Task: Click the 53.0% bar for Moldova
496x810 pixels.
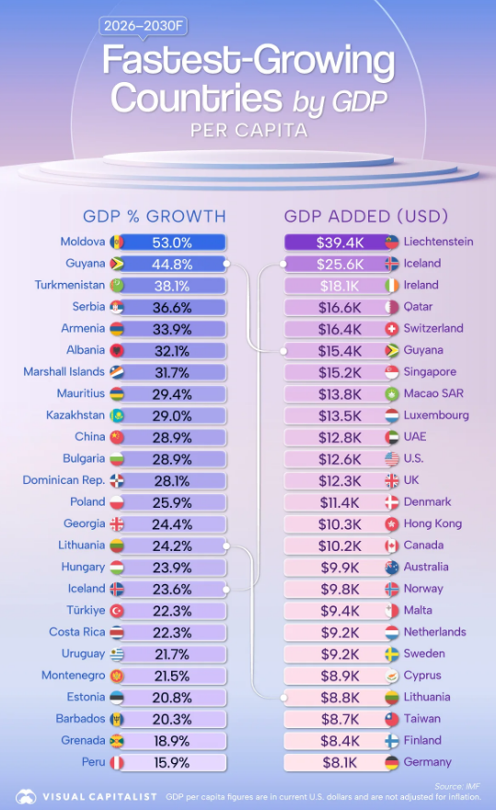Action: coord(173,242)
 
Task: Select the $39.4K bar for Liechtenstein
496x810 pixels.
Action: coord(337,242)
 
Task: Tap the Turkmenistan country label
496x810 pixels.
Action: coord(70,285)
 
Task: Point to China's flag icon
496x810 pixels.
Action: coord(117,438)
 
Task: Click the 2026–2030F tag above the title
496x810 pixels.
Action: coord(143,26)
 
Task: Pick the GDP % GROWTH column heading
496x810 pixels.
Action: coord(155,216)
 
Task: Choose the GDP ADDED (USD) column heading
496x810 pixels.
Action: coord(366,216)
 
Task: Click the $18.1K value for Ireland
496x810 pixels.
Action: coord(339,287)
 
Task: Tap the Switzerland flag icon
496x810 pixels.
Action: coord(392,329)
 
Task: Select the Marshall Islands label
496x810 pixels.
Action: coord(64,372)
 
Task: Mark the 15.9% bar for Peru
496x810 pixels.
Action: coord(173,763)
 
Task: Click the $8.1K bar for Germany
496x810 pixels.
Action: coord(337,763)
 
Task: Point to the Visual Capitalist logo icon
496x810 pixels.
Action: coord(26,796)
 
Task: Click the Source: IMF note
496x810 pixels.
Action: coord(457,786)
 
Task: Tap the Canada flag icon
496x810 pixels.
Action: coord(392,546)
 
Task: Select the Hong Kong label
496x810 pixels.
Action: coord(433,523)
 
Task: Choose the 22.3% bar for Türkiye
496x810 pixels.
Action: coord(173,611)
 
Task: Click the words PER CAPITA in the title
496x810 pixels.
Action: coord(249,130)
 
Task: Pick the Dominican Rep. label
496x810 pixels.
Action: coord(63,480)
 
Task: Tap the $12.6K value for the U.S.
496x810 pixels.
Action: coord(339,460)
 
